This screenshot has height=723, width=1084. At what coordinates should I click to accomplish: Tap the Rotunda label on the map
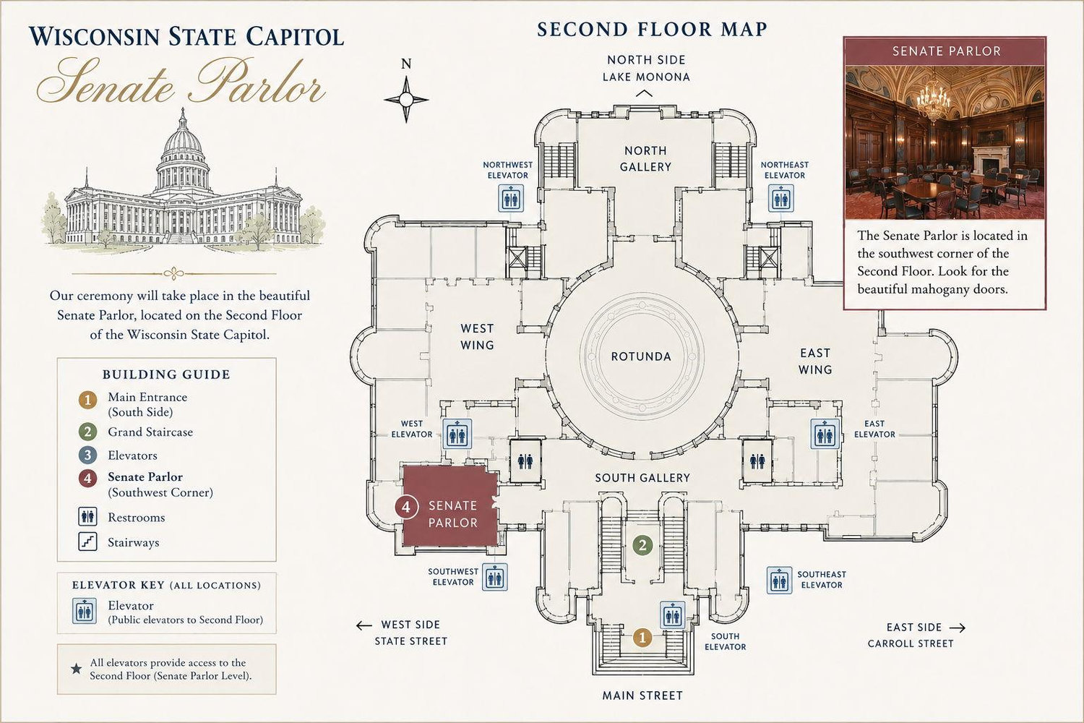coord(641,357)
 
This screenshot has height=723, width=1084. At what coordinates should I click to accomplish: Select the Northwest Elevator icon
coord(511,199)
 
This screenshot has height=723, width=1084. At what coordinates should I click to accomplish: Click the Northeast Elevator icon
coord(780,199)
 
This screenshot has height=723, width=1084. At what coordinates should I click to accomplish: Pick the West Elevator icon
coord(457,434)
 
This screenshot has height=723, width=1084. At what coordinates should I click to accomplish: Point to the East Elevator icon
coord(825,434)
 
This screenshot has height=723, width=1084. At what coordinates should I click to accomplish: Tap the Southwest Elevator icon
coord(494,577)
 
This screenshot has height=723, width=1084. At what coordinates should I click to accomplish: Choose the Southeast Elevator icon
coord(779,580)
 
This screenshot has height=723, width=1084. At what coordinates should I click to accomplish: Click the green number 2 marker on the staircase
coord(642,546)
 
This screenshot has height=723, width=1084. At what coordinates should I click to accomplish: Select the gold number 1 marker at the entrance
coord(642,638)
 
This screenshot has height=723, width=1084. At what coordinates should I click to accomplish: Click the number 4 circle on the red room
coord(406,507)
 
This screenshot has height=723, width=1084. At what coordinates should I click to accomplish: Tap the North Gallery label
coord(645,159)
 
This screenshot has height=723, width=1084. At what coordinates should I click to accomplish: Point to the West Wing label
coord(477,337)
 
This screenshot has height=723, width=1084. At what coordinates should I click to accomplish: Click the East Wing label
coord(815,361)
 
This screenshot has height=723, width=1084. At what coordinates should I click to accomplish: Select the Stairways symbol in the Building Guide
coord(87,542)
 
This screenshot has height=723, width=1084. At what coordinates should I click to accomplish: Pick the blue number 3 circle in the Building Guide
coord(87,455)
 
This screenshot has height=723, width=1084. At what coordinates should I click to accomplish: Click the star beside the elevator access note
coord(76,669)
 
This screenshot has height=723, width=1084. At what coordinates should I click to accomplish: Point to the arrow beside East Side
coord(958,628)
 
